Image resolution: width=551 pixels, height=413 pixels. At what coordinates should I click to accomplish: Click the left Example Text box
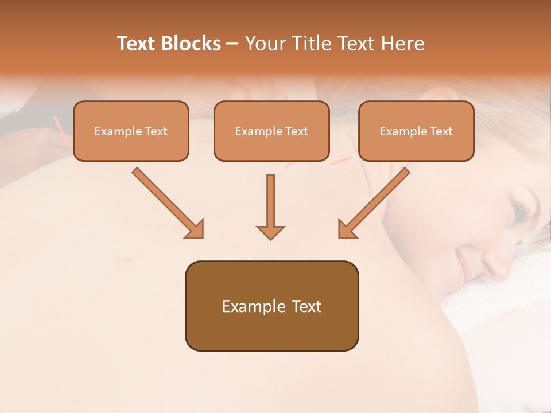131,131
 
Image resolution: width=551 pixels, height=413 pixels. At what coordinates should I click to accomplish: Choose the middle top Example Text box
271,131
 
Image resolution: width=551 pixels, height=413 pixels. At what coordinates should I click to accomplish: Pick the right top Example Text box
416,131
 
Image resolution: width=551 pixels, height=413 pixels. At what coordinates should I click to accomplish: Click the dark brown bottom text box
271,306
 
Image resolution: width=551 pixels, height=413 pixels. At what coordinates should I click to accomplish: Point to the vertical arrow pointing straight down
270,206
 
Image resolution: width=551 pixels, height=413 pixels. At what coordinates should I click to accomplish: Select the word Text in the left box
156,131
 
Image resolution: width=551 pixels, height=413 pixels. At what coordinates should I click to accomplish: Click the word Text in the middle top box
296,131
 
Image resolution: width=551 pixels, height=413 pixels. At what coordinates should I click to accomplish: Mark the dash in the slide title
233,44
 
